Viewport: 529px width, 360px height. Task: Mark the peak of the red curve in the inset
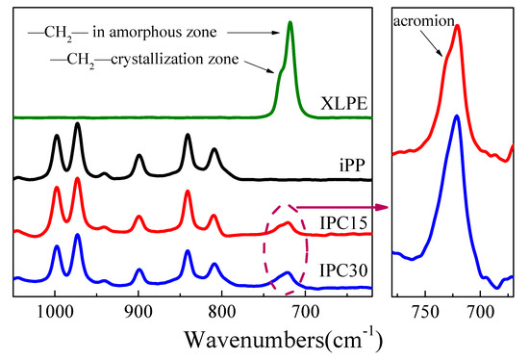[457, 26]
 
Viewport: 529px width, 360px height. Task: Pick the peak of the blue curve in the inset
[456, 116]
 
